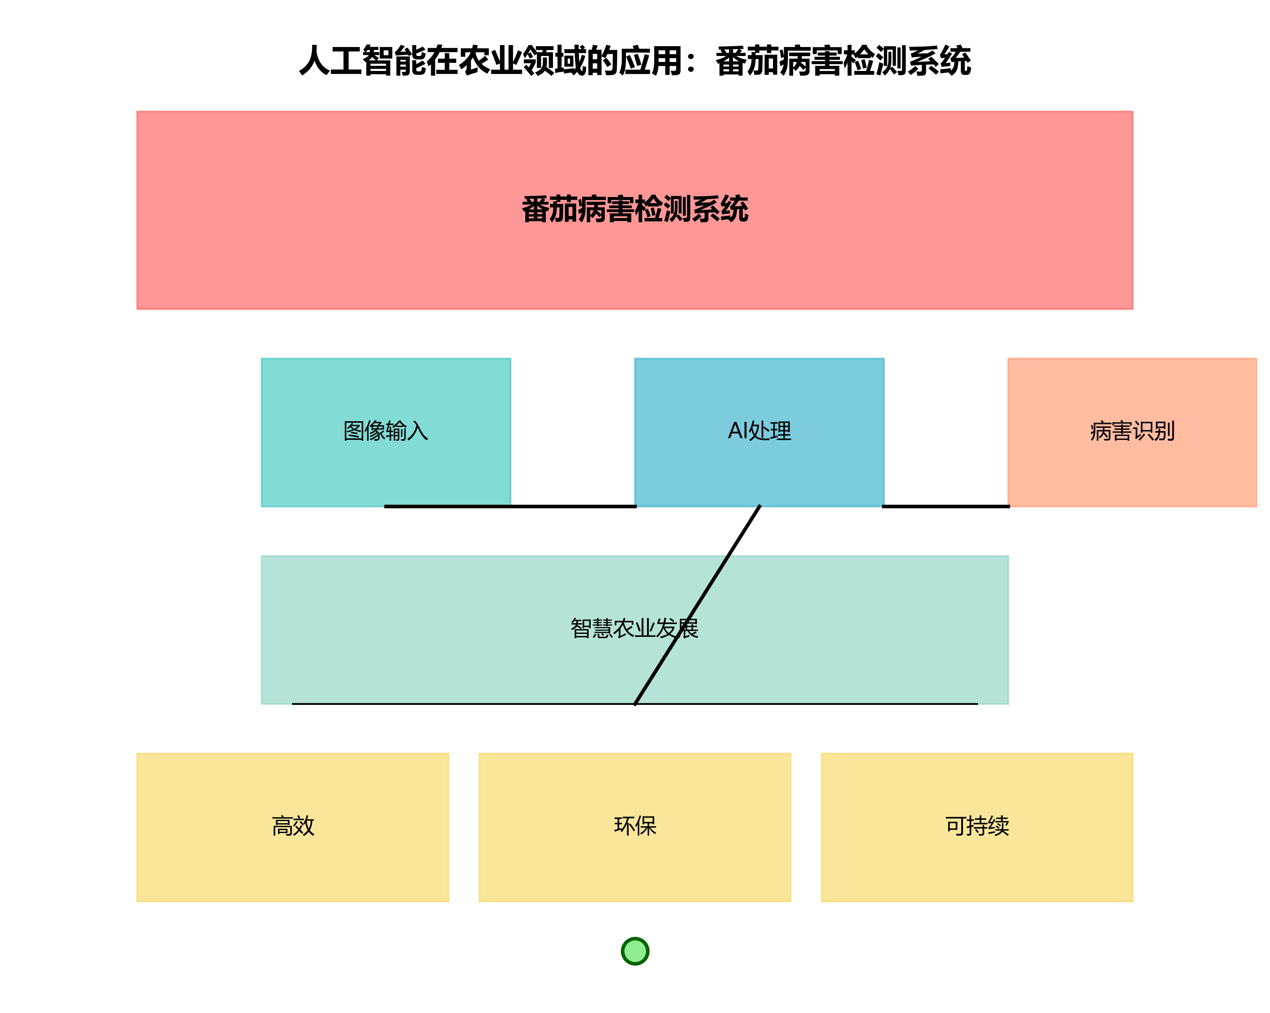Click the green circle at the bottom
pyautogui.click(x=635, y=951)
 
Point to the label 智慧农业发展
pyautogui.click(x=635, y=628)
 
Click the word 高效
pyautogui.click(x=293, y=826)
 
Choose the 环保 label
pyautogui.click(x=635, y=826)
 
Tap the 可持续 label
pyautogui.click(x=977, y=826)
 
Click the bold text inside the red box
pyautogui.click(x=635, y=209)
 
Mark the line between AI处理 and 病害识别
pyautogui.click(x=945, y=506)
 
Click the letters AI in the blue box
pyautogui.click(x=738, y=430)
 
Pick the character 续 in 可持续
pyautogui.click(x=999, y=826)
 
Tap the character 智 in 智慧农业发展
pyautogui.click(x=582, y=628)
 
